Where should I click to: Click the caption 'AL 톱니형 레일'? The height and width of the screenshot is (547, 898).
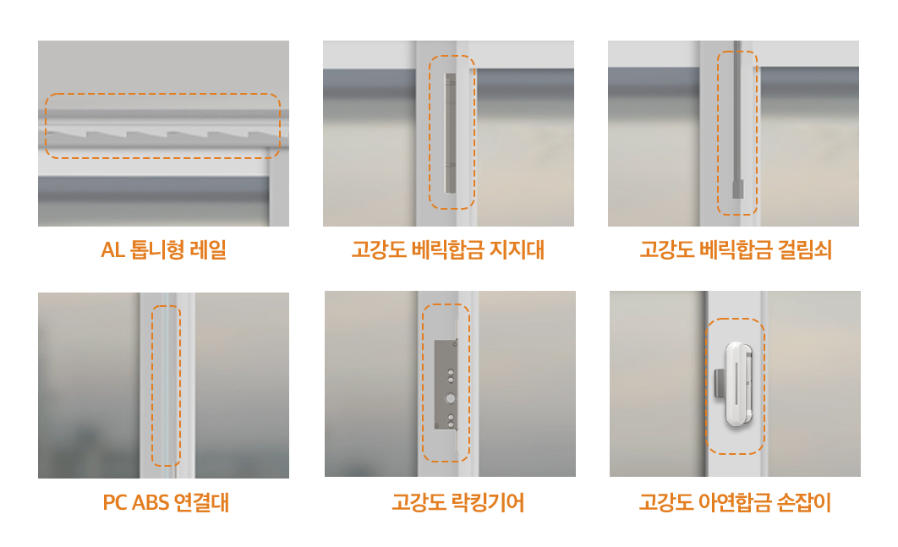click(164, 249)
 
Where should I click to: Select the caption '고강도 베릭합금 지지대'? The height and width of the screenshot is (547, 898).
click(448, 249)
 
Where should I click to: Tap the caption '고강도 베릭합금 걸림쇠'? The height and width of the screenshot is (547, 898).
click(736, 249)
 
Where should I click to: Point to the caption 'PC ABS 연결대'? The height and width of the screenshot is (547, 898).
click(166, 502)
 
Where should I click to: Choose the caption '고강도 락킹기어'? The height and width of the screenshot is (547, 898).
click(458, 502)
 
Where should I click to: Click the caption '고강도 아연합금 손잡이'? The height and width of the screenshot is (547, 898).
click(735, 502)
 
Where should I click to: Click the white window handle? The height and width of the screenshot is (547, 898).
click(739, 385)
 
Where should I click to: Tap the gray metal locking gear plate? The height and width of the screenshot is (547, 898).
click(446, 385)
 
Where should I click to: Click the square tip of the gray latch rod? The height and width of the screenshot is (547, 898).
click(737, 189)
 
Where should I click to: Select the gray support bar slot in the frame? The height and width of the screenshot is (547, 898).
click(450, 133)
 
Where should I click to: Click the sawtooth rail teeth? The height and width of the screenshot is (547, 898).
click(163, 135)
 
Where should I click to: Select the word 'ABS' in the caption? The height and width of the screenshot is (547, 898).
click(151, 502)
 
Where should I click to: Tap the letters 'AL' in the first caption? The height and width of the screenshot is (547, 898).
click(112, 250)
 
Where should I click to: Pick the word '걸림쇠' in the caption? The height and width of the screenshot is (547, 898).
click(805, 249)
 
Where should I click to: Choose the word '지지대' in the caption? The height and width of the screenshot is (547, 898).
click(517, 249)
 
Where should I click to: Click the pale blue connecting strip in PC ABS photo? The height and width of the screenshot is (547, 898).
click(165, 386)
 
